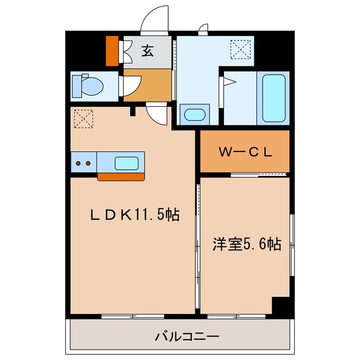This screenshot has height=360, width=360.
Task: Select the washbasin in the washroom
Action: (195, 115)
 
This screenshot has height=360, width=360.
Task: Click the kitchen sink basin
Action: (127, 163)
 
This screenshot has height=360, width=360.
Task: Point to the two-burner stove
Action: (83, 163)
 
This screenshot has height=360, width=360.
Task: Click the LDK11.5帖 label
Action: (136, 214)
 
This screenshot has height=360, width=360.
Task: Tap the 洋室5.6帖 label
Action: (246, 245)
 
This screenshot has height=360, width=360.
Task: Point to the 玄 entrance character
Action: (147, 52)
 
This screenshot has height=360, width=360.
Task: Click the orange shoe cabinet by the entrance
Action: (112, 51)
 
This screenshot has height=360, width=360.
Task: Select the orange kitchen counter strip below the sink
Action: (120, 177)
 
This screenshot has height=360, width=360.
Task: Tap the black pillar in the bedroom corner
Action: (280, 305)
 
